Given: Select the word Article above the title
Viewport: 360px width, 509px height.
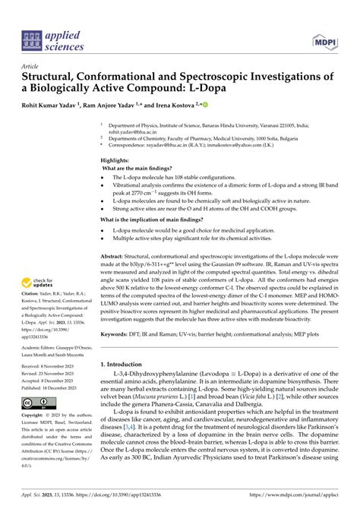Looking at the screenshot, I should click(32, 66).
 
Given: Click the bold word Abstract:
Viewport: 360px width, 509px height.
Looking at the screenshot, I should click(115, 258).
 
